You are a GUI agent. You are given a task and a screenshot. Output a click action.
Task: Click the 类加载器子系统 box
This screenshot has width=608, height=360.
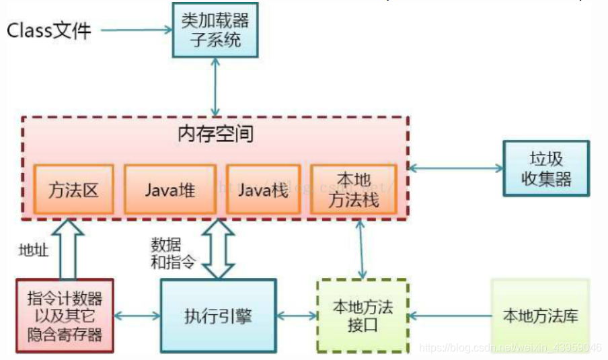coord(215,30)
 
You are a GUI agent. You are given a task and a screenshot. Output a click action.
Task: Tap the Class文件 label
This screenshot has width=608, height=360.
coord(49,30)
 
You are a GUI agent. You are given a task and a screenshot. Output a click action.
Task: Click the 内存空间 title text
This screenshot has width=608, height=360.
coord(215,134)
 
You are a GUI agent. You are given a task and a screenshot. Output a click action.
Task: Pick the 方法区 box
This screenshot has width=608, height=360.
coord(73,189)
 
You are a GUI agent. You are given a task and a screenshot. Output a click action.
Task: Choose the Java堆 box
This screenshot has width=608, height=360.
coord(169,189)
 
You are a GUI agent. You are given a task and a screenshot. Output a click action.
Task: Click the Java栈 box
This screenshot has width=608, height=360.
coord(263,189)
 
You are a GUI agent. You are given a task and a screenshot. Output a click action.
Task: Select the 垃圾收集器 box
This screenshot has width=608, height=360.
coord(545,168)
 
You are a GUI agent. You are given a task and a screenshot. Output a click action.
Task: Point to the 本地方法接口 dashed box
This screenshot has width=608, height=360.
coord(363,315)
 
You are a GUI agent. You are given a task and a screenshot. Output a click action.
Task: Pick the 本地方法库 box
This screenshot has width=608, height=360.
coord(540,315)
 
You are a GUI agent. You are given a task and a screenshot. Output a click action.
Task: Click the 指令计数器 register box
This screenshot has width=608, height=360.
coord(65,315)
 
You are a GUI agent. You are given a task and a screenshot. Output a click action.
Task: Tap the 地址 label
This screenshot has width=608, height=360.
coord(34,250)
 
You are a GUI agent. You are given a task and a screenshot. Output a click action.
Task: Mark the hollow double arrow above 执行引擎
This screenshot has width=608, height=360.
coord(219,248)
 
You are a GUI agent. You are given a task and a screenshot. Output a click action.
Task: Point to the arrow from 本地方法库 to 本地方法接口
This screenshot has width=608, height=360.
coord(450,315)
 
